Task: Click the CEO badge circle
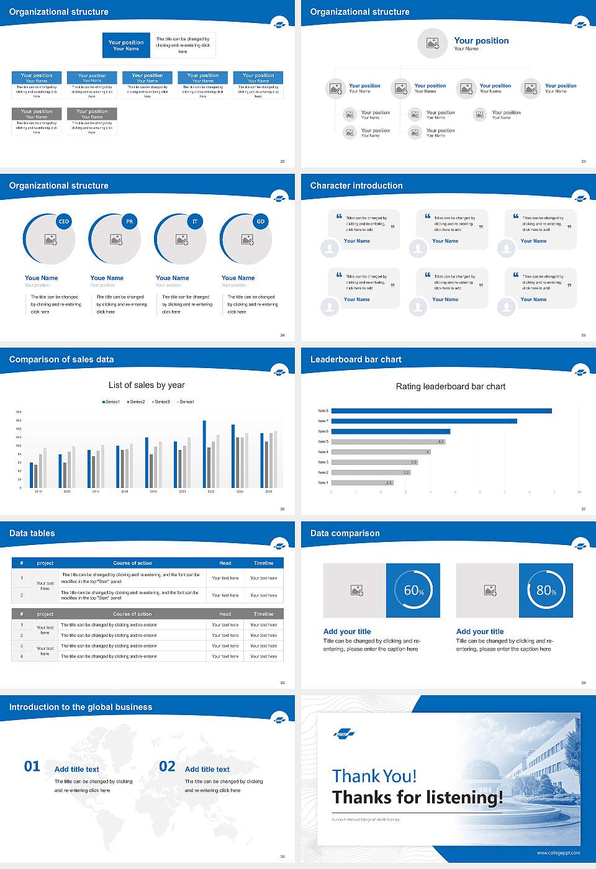tap(63, 222)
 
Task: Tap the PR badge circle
tap(129, 222)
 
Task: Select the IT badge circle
tap(195, 222)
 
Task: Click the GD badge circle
tap(261, 222)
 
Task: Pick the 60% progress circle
tap(413, 590)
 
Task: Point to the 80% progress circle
tap(546, 590)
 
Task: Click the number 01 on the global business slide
tap(32, 767)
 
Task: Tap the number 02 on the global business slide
tap(168, 767)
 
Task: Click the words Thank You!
tap(374, 776)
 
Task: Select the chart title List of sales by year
tap(147, 385)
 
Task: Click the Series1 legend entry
tap(111, 402)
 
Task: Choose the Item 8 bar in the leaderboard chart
tap(441, 411)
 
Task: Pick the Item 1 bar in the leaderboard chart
tap(363, 482)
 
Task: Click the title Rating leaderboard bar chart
tap(451, 386)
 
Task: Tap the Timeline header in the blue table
tap(263, 563)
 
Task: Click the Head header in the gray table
tap(225, 614)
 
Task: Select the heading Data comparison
tap(345, 533)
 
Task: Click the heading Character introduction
tap(356, 186)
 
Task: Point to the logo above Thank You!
tap(344, 734)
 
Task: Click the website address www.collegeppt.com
tap(558, 853)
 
